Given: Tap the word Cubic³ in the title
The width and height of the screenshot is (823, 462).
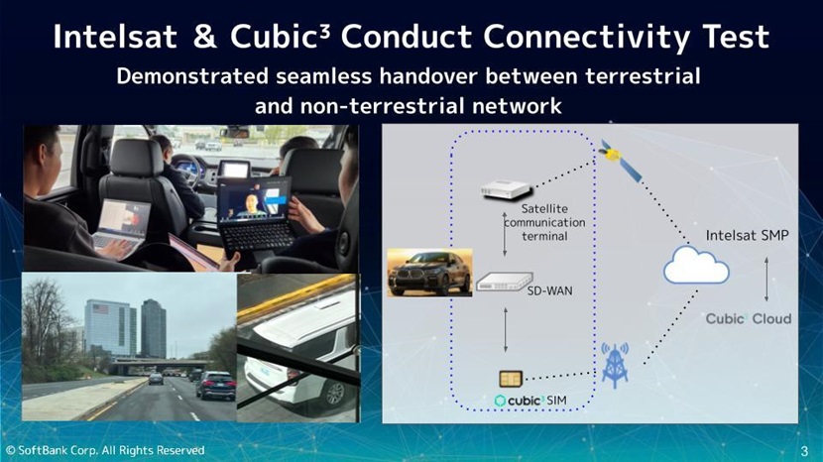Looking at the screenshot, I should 279,38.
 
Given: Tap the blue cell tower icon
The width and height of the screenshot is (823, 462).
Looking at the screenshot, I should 615,363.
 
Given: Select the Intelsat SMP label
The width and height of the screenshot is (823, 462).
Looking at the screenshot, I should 748,236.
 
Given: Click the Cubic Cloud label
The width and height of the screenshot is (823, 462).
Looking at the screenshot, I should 749,318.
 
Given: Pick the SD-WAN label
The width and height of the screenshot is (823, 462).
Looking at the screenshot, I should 548,290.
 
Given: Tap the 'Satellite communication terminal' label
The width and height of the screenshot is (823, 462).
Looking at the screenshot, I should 544,223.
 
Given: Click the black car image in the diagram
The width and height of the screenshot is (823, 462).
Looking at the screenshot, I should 428,273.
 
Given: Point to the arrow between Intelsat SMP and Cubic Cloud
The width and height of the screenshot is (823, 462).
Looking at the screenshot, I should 765,279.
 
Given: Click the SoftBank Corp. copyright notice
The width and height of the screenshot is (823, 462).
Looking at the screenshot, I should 105,450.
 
